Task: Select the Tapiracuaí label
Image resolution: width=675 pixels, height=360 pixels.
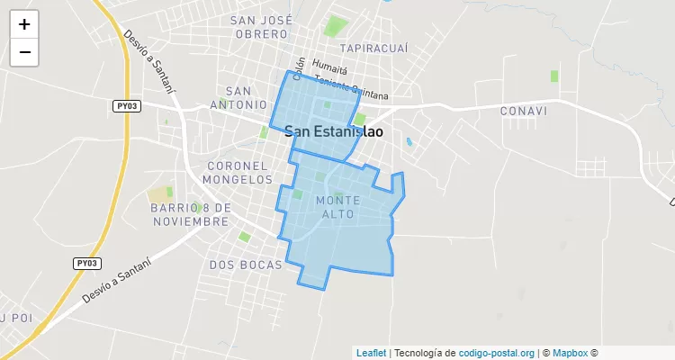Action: [x=373, y=48]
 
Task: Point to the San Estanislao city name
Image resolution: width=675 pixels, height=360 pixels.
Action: [x=334, y=131]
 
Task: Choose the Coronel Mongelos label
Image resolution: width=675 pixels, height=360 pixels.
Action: [x=238, y=173]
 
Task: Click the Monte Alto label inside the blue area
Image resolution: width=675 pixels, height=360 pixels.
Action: [x=338, y=206]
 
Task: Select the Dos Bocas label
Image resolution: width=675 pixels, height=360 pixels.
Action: [x=246, y=265]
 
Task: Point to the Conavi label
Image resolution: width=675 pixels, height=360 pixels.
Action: [x=522, y=111]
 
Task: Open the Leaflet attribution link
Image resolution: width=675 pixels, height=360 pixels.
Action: [x=371, y=353]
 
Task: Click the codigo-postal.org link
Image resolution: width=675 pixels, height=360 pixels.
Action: [x=497, y=353]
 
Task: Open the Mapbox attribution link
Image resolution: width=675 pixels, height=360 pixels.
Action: [x=570, y=353]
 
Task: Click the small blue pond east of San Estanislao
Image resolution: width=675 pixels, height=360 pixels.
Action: [x=409, y=141]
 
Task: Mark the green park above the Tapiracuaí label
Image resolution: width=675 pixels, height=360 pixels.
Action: [x=337, y=25]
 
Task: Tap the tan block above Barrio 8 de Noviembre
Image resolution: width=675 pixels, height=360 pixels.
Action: [x=159, y=194]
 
